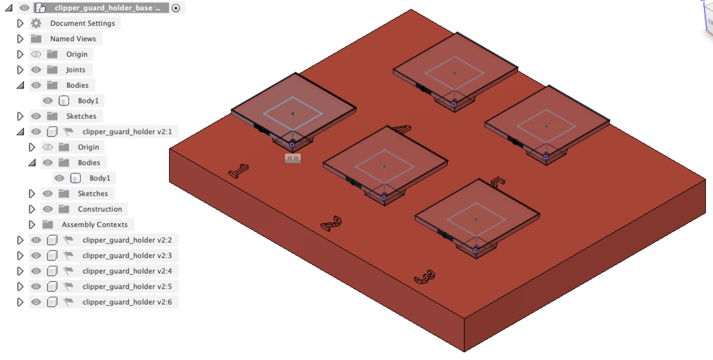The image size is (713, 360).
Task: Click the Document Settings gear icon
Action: coord(36,23)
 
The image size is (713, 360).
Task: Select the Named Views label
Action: coord(73,39)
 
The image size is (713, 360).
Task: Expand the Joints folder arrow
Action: coord(20,70)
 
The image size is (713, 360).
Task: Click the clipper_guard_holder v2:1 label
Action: coord(127,132)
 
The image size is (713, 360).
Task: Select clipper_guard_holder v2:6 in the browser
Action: coord(127,302)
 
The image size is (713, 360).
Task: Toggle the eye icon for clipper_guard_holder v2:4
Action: coord(36,271)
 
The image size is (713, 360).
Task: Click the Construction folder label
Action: coord(100,209)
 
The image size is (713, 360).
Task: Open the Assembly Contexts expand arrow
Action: coord(32,225)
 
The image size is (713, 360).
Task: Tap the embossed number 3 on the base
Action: coord(425,277)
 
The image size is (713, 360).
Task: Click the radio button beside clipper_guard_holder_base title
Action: coord(176,8)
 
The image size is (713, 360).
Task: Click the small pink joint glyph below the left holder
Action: coord(293,158)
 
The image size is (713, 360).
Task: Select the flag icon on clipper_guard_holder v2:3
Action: coord(68,255)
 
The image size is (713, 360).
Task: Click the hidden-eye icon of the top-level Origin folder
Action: coord(36,54)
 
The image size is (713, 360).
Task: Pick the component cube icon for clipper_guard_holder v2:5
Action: coord(52,286)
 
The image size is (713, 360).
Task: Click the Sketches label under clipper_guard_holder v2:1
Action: coord(93,194)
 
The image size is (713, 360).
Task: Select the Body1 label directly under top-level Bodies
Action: coord(88,101)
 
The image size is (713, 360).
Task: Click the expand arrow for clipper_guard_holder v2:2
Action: coord(20,240)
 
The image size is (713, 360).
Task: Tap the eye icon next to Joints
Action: coord(36,70)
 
